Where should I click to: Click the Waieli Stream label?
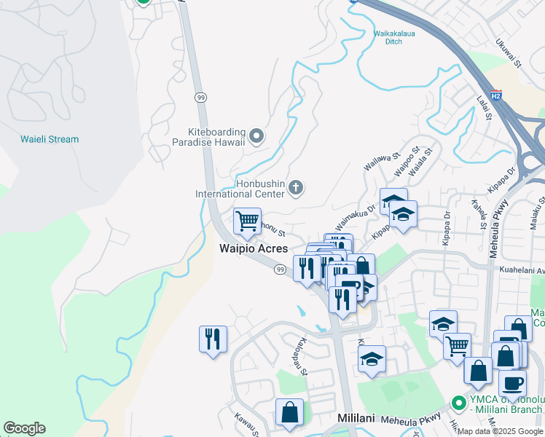pos(50,139)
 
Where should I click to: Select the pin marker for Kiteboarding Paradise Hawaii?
pos(256,135)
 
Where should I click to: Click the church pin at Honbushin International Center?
pos(295,187)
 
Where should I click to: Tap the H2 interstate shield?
pos(495,95)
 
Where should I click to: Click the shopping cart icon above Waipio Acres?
pos(248,220)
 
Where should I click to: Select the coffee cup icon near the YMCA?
pos(512,383)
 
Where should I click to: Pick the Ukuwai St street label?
pos(508,54)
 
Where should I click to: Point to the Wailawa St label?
pos(383,161)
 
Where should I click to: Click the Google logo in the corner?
pos(24,428)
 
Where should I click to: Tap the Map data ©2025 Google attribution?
pos(500,431)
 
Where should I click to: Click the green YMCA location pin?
pos(458,402)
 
